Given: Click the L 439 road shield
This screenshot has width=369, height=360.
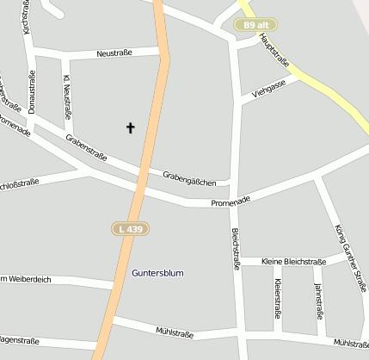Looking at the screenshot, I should point(127,228).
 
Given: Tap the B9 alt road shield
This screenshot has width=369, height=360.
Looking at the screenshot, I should point(255,26).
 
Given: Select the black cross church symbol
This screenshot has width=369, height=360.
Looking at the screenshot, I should point(131,128).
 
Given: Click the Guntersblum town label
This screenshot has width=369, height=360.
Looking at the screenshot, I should point(158,273).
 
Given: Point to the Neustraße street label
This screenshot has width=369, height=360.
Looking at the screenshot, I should point(114,53).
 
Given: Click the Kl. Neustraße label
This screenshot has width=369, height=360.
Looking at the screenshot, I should point(66,98).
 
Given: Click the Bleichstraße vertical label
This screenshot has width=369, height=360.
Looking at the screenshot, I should point(236,250).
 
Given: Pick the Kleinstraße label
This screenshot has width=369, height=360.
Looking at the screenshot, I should point(277,298).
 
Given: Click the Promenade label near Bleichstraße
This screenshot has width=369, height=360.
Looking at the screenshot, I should point(231,201).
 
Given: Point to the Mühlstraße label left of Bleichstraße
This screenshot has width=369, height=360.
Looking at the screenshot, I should point(175,332).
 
